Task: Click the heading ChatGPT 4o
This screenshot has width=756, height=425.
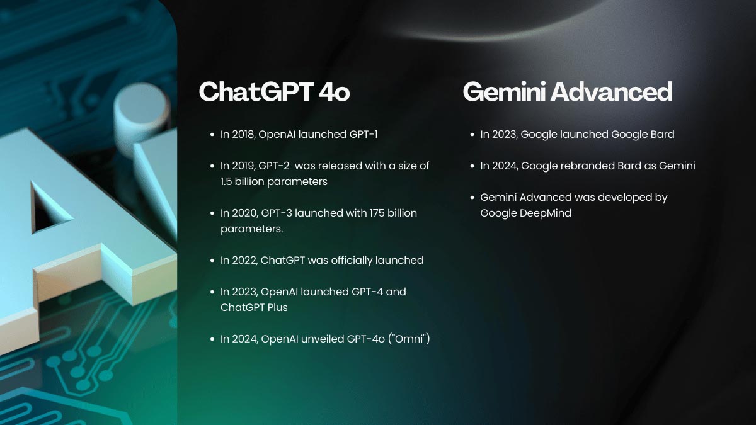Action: point(274,91)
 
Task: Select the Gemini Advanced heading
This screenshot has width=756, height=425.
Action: point(568,91)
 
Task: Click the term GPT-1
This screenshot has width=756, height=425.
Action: point(364,134)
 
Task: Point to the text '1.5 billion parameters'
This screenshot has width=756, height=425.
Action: point(273,181)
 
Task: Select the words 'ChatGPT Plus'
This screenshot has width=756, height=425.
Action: point(254,307)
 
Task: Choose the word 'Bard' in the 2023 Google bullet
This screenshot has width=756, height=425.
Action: point(662,134)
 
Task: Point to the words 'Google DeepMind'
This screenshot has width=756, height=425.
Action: point(525,213)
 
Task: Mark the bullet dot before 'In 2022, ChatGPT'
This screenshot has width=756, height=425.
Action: point(212,261)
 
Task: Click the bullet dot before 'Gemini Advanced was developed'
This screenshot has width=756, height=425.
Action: point(472,197)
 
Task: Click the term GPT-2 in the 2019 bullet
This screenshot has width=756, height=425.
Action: point(273,166)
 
